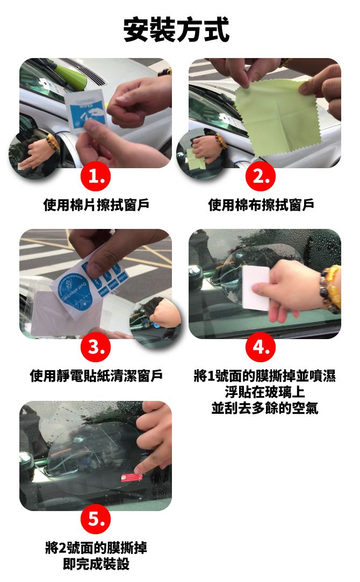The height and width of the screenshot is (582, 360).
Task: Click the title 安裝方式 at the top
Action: (x=176, y=30)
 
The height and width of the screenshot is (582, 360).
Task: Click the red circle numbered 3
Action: (x=96, y=347)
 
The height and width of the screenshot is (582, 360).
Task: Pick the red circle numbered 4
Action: (x=261, y=347)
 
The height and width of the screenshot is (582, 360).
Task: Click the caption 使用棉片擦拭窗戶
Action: (x=96, y=205)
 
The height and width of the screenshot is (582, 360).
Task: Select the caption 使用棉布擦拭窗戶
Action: (x=261, y=205)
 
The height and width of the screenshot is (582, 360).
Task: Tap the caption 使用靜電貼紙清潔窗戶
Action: (x=96, y=376)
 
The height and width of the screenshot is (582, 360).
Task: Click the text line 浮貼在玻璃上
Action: (x=264, y=392)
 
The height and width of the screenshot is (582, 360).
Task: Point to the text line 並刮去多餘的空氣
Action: (x=264, y=408)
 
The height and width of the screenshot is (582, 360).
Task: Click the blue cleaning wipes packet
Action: (x=86, y=110)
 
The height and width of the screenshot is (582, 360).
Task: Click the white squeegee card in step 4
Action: (x=256, y=289)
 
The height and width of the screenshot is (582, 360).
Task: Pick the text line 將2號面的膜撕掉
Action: (x=96, y=548)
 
